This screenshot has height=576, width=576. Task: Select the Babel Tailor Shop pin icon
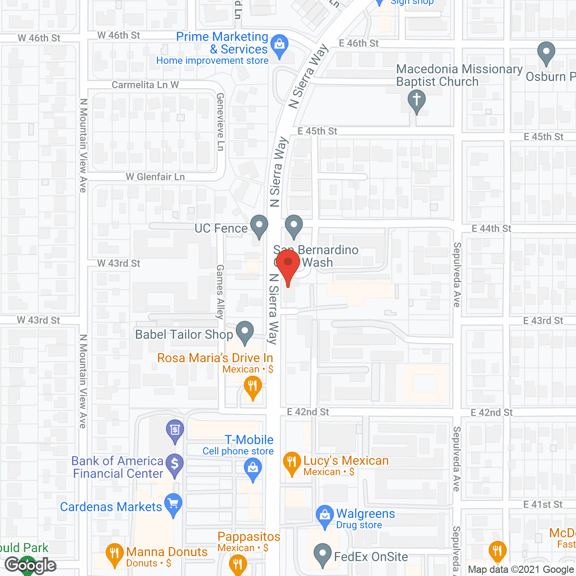click(245, 332)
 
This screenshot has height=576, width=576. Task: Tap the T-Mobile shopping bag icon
click(253, 468)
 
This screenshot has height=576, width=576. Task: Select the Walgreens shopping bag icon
click(324, 516)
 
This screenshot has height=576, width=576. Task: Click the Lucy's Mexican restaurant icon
click(292, 462)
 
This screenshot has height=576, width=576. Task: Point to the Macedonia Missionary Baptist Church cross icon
click(417, 100)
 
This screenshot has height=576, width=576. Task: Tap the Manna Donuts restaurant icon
click(114, 554)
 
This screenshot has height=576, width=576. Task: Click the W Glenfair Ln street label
click(155, 177)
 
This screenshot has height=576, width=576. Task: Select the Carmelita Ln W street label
click(145, 85)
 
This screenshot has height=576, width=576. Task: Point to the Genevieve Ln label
click(220, 121)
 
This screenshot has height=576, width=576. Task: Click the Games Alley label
click(220, 292)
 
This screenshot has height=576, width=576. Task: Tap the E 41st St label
click(543, 504)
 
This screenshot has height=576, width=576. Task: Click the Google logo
click(31, 565)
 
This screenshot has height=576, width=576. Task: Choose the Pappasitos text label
click(249, 536)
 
